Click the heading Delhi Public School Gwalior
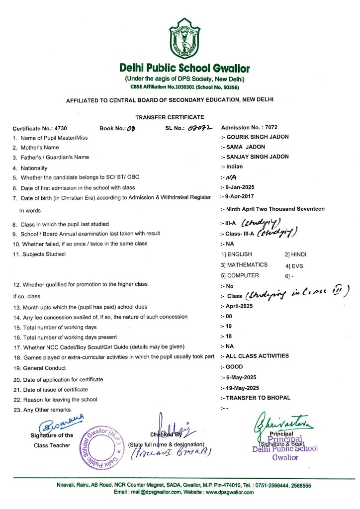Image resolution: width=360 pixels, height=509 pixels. (184, 68)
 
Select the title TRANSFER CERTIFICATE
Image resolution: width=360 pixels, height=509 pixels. (169, 117)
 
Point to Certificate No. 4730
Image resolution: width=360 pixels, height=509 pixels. (38, 128)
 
